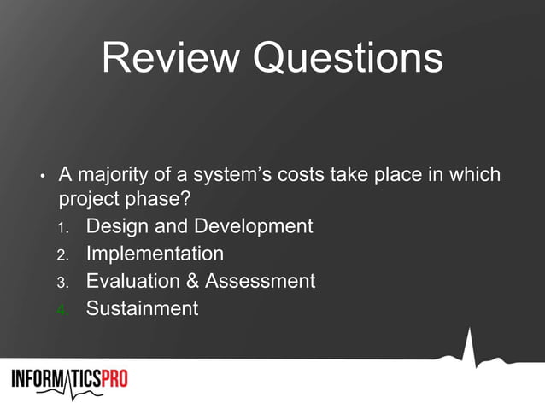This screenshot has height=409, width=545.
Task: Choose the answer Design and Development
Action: [x=199, y=227]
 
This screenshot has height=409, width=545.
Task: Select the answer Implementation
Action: [x=155, y=254]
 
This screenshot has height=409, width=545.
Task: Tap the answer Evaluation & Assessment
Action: [x=201, y=281]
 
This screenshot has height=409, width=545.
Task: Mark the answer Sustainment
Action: [x=142, y=308]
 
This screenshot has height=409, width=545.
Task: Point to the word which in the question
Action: [x=476, y=176]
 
